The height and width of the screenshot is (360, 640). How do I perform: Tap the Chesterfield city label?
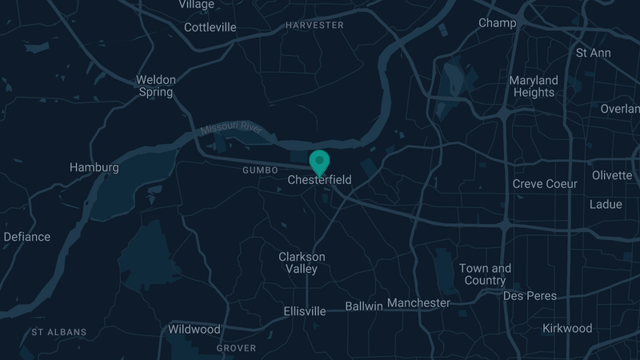(x=319, y=181)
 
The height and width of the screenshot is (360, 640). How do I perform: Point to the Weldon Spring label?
(x=155, y=86)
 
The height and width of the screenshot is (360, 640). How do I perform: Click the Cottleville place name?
(x=210, y=27)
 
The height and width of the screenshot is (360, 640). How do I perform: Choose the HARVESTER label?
(x=314, y=26)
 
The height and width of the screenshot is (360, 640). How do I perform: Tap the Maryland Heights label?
(x=534, y=86)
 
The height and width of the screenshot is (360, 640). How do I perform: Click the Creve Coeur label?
(x=545, y=184)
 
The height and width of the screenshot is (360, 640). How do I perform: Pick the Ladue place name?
(x=606, y=204)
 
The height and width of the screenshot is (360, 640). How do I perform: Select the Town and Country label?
(x=485, y=274)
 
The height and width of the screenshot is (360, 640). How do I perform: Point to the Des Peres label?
(x=530, y=296)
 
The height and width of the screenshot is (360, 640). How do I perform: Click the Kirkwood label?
(x=567, y=328)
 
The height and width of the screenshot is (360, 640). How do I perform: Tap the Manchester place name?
(x=418, y=303)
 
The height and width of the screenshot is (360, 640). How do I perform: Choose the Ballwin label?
(x=364, y=306)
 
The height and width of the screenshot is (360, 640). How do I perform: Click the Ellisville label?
(x=305, y=311)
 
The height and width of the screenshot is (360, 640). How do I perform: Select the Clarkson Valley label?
(x=302, y=262)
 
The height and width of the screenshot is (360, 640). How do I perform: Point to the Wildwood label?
(x=194, y=330)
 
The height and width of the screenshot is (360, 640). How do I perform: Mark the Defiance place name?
(x=27, y=237)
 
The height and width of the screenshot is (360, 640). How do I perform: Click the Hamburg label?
(x=94, y=168)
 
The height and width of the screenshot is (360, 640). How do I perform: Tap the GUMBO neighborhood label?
(x=260, y=170)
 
